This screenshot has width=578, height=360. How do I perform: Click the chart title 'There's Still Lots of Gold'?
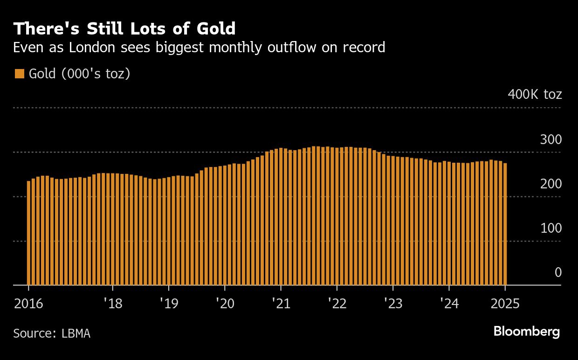pyautogui.click(x=124, y=29)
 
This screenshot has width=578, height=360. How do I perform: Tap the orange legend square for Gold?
pyautogui.click(x=20, y=74)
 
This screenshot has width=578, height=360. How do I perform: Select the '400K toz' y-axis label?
pyautogui.click(x=535, y=95)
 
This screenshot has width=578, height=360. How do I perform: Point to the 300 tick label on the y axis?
pyautogui.click(x=551, y=139)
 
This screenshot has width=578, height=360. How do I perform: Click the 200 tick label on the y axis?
pyautogui.click(x=551, y=184)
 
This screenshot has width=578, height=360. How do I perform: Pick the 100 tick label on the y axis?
pyautogui.click(x=551, y=228)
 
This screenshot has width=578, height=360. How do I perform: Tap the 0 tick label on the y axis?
pyautogui.click(x=558, y=272)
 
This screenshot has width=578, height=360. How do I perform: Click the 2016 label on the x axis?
pyautogui.click(x=29, y=304)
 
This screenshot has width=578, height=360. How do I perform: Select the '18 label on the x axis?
pyautogui.click(x=112, y=304)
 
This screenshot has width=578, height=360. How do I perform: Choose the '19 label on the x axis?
pyautogui.click(x=169, y=304)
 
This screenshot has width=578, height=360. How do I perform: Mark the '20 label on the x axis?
pyautogui.click(x=225, y=304)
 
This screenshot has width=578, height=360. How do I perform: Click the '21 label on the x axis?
pyautogui.click(x=281, y=304)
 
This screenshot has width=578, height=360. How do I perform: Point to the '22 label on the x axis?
pyautogui.click(x=337, y=304)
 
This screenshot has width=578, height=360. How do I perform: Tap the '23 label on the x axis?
pyautogui.click(x=393, y=304)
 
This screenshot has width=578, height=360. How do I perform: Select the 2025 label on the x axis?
pyautogui.click(x=505, y=304)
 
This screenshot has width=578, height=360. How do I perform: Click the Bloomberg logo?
pyautogui.click(x=526, y=332)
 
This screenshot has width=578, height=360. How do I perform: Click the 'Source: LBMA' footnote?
pyautogui.click(x=52, y=333)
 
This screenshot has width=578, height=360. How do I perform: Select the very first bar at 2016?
pyautogui.click(x=28, y=233)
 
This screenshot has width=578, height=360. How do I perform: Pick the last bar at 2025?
pyautogui.click(x=505, y=224)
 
